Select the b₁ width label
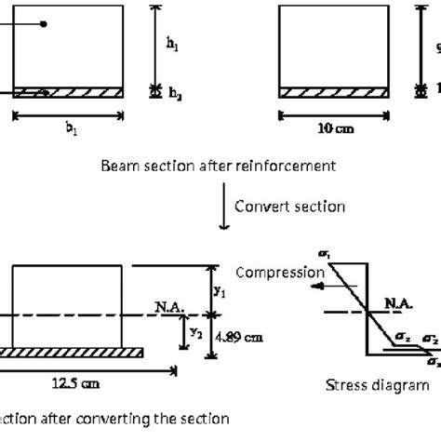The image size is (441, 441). pos(68,130)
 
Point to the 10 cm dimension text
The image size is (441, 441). pos(334,130)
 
